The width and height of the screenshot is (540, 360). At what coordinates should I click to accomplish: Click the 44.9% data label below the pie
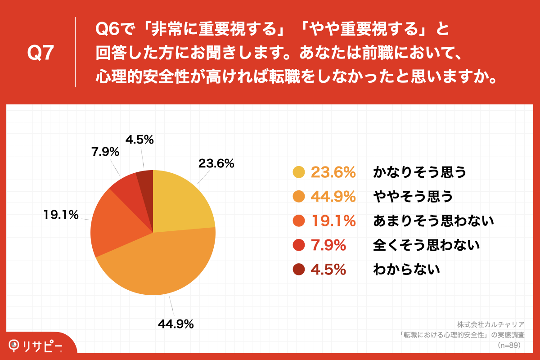point(175,324)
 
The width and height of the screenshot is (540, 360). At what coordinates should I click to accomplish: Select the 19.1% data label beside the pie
point(61,215)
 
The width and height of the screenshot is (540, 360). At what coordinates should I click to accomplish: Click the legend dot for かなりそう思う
point(299,172)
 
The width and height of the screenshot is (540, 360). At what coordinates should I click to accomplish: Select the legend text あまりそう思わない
point(433,221)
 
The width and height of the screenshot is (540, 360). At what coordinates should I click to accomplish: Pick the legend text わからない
point(406,270)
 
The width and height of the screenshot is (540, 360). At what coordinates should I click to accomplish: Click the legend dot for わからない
point(299,270)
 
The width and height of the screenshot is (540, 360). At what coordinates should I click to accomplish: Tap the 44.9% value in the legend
point(333,197)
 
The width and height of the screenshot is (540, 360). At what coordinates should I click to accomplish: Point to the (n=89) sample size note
point(508,346)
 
